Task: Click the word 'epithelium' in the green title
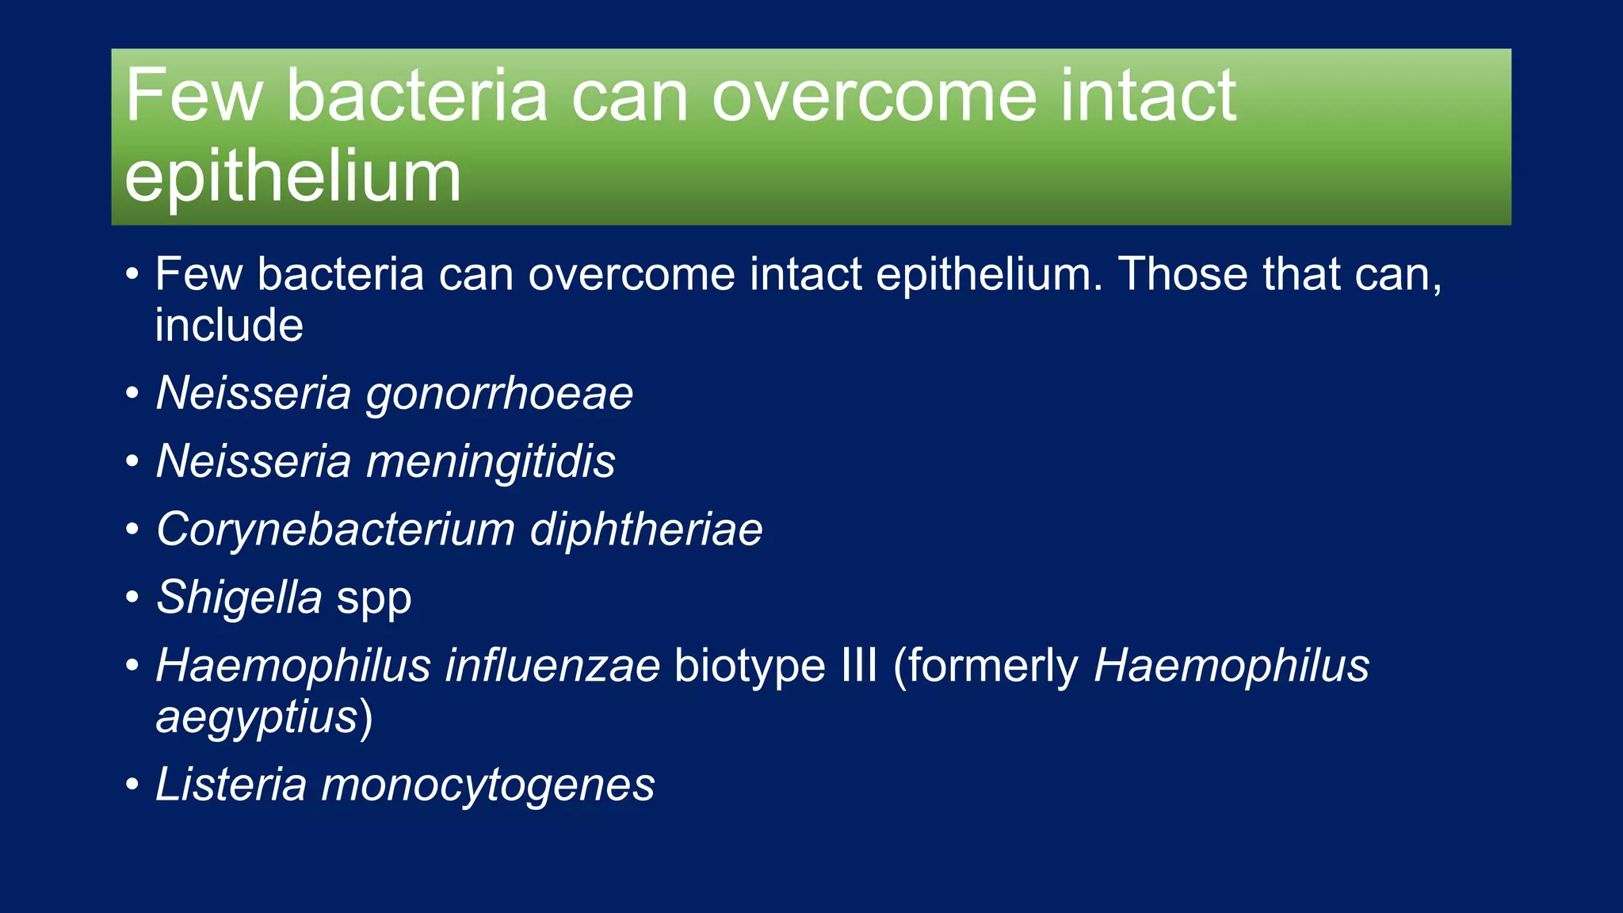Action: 292,178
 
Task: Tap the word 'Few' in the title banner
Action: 193,96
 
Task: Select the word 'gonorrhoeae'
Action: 499,393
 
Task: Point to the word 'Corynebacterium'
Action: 335,529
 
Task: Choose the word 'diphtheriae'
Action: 646,529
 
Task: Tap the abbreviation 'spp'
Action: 374,600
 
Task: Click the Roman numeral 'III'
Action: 859,665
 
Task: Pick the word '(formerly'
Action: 985,667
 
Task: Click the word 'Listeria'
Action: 231,785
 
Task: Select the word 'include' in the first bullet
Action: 229,325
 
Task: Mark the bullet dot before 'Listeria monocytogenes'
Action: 132,785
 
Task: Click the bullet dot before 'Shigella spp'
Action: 132,598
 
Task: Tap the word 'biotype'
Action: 750,667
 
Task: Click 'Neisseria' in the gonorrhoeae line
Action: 254,393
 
